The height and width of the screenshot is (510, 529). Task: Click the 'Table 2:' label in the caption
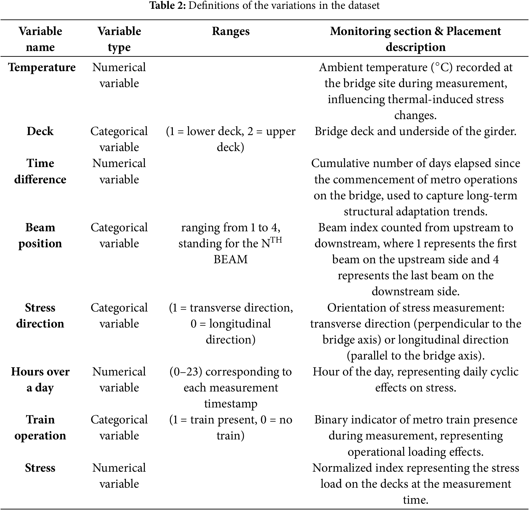click(x=168, y=6)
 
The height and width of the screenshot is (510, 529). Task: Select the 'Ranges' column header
click(x=231, y=31)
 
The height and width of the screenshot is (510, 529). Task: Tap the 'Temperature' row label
click(x=42, y=68)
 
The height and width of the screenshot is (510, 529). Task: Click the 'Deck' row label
click(x=40, y=131)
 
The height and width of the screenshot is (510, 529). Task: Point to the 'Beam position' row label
click(x=40, y=235)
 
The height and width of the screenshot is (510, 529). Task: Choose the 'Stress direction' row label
click(x=40, y=316)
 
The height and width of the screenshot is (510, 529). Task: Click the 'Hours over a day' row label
click(x=40, y=380)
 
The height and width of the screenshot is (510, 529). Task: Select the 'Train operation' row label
click(x=40, y=428)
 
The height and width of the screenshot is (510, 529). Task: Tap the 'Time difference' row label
click(x=40, y=171)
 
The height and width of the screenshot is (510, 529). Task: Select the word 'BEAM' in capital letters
click(x=231, y=259)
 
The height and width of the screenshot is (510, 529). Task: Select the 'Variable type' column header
click(x=119, y=39)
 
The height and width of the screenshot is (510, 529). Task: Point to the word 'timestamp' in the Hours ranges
click(x=231, y=404)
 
